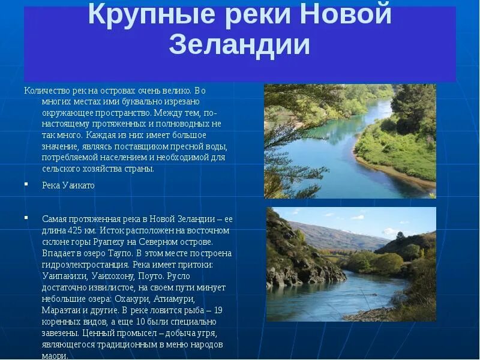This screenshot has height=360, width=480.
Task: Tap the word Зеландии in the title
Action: point(239,45)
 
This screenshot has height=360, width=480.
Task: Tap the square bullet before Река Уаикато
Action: point(26,184)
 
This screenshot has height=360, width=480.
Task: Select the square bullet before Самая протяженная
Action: point(26,217)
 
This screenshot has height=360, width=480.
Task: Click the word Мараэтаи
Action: point(62,310)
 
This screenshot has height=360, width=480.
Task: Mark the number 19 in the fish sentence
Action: point(218,310)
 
